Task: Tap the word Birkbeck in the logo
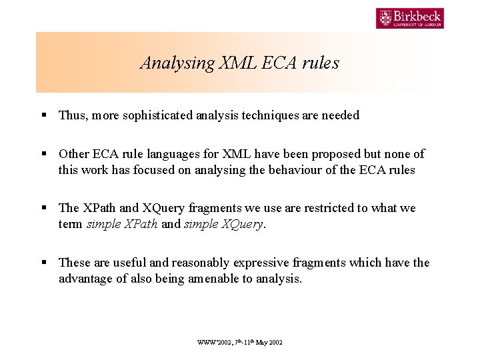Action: [x=418, y=15]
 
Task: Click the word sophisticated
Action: [x=156, y=115]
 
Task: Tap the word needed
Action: [x=340, y=115]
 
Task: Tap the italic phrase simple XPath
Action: [x=122, y=225]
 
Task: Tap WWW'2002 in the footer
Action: [x=211, y=342]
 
